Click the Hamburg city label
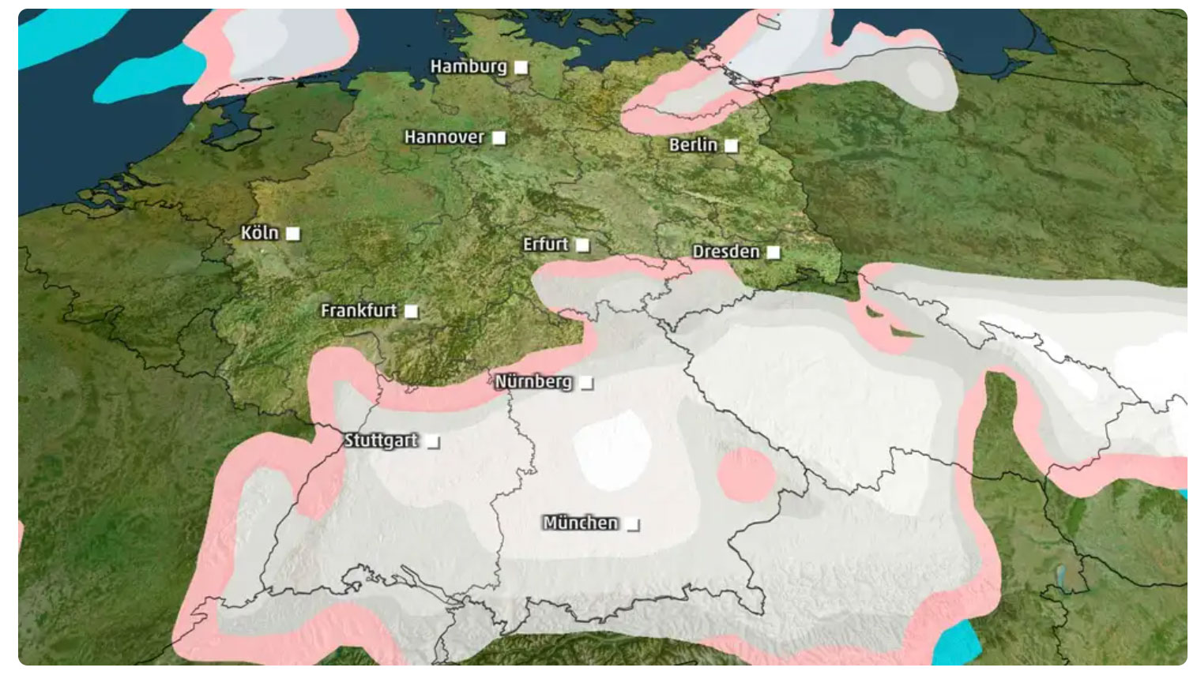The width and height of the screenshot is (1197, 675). coord(468,66)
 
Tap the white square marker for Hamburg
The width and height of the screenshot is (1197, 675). coord(521,67)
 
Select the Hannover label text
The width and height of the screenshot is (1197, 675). coord(444,137)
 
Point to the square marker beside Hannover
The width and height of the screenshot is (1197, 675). coord(499,138)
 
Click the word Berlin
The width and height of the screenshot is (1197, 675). coord(693,145)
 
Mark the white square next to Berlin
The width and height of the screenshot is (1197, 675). coord(732,146)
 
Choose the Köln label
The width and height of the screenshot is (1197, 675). coord(260,233)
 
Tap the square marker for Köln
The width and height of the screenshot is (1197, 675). coord(293,234)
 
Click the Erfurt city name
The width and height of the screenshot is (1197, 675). coord(545,245)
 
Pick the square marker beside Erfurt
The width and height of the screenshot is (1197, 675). coord(583,245)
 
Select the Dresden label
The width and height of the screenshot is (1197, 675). coord(725,252)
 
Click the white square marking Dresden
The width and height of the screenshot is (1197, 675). coord(774,253)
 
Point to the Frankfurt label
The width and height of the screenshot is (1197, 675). coord(359,311)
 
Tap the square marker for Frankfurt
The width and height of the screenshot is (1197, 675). coord(412,311)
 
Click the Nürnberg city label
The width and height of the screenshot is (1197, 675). coord(533,382)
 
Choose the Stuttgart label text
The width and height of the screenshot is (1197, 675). coord(381,441)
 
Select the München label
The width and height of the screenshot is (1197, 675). coord(581,523)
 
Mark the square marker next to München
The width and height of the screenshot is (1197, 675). coord(633,524)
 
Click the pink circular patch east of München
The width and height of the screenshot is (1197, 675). coord(746,474)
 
